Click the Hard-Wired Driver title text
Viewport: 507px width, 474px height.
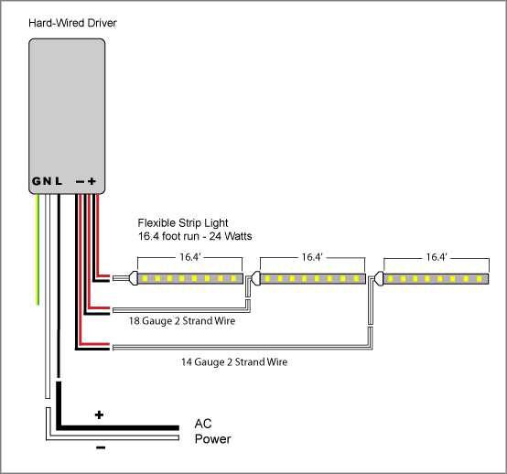[x=72, y=23]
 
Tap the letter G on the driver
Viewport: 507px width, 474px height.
[x=37, y=181]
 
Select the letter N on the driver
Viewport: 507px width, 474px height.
[x=48, y=181]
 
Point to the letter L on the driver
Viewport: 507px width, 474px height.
[x=59, y=181]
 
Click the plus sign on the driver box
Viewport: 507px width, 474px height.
[x=92, y=181]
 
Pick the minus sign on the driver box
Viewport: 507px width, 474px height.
[x=80, y=182]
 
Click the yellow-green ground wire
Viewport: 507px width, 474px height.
[x=38, y=249]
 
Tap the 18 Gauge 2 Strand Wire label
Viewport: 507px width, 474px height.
[x=182, y=321]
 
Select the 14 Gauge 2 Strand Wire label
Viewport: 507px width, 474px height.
[x=234, y=361]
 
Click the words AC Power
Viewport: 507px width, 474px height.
[x=212, y=431]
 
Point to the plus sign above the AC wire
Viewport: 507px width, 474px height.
[x=99, y=415]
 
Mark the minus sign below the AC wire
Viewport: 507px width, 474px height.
[x=101, y=447]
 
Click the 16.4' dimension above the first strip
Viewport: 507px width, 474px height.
[x=190, y=257]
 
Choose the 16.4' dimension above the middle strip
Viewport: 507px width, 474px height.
[x=312, y=257]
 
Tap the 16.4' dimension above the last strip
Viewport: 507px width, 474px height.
[x=437, y=257]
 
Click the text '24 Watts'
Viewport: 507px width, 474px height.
[x=231, y=236]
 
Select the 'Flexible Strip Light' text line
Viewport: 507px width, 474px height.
[x=183, y=222]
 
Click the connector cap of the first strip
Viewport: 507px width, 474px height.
[x=134, y=278]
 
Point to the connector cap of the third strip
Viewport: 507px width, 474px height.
[x=379, y=278]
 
